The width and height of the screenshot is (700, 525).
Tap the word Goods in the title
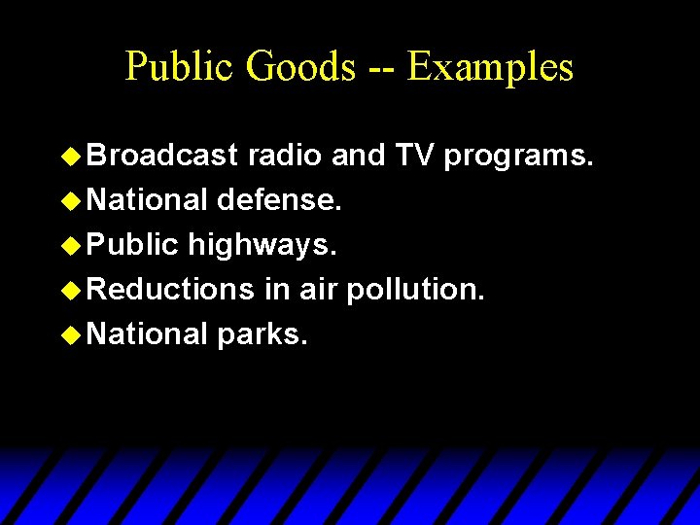click(x=300, y=67)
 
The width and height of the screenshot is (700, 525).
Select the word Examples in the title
click(x=491, y=67)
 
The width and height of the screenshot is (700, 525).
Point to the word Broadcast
click(x=163, y=156)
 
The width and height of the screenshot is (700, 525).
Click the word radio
click(x=286, y=156)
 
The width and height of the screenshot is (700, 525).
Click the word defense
click(x=278, y=200)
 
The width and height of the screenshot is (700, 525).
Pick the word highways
click(x=262, y=246)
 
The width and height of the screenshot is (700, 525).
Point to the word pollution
click(x=415, y=291)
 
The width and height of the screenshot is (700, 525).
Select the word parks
click(x=262, y=335)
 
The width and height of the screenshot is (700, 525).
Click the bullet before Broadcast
click(x=70, y=156)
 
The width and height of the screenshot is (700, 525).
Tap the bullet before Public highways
click(x=70, y=245)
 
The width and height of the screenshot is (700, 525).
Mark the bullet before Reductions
click(x=70, y=290)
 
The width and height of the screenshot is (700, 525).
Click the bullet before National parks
click(x=70, y=334)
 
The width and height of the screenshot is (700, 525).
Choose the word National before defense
click(x=148, y=200)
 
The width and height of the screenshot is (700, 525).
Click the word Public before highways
click(x=133, y=245)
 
